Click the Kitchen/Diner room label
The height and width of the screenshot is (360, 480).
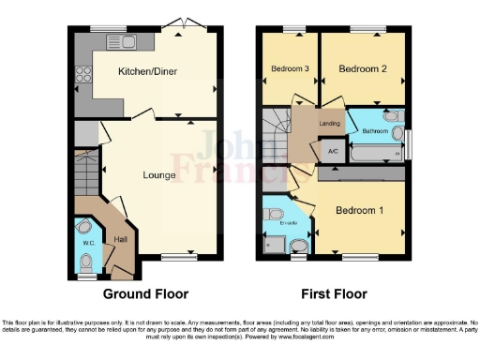148,71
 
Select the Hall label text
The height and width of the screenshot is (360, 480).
120,240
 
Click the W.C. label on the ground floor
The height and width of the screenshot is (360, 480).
89,243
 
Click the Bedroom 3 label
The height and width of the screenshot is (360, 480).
291,69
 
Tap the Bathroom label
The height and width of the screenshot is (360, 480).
375,132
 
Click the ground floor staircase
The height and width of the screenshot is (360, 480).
85,173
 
